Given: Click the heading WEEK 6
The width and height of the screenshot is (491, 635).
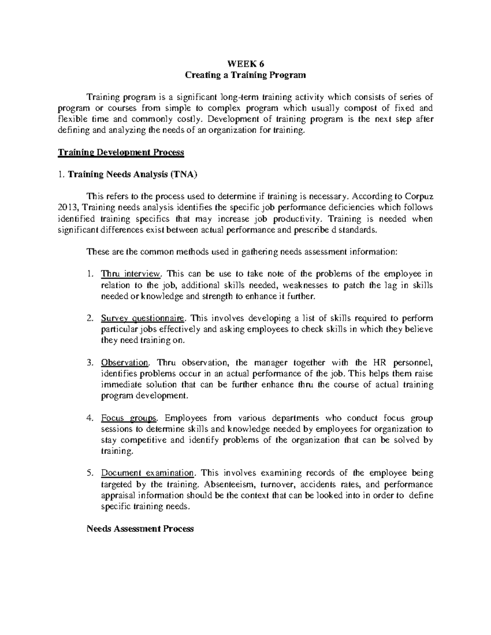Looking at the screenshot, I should pyautogui.click(x=245, y=64).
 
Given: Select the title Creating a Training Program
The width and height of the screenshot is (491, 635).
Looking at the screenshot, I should pyautogui.click(x=245, y=75).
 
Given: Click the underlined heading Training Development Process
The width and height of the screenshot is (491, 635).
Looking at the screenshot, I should pyautogui.click(x=121, y=153).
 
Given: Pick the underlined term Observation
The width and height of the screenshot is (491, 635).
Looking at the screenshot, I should pyautogui.click(x=125, y=362).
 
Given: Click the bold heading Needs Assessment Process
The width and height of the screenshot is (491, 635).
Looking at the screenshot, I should pyautogui.click(x=140, y=529).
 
